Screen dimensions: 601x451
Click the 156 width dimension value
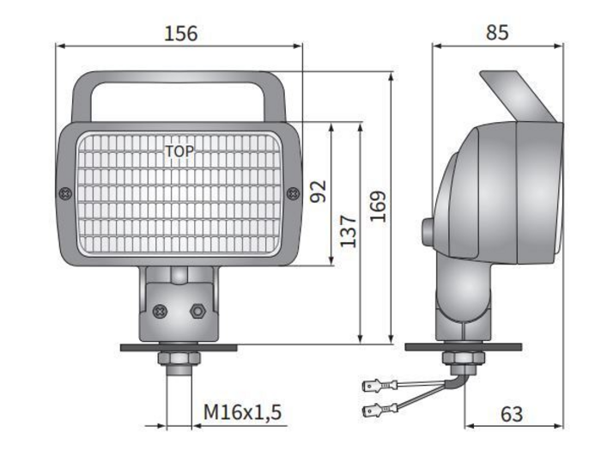click(x=181, y=34)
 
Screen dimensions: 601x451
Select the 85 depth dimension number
click(x=497, y=33)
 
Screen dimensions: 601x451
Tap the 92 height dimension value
click(x=319, y=191)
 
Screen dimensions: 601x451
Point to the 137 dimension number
click(x=348, y=230)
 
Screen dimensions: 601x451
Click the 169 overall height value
click(x=378, y=206)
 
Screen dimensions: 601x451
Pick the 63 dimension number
click(x=512, y=414)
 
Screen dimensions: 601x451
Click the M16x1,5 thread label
click(x=242, y=412)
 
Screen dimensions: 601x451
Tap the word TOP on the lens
click(x=179, y=151)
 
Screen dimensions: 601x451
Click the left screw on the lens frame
click(x=65, y=193)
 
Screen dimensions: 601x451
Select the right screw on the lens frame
click(x=294, y=193)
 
